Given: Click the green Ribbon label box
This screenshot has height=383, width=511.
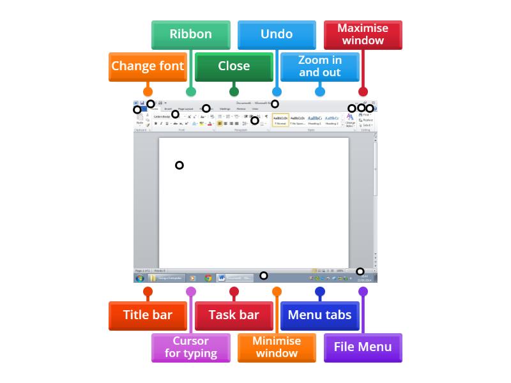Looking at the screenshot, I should click(x=190, y=34).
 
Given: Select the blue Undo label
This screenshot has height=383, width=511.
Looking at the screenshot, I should click(x=277, y=34).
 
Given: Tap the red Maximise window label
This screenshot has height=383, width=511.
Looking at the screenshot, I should click(x=363, y=34).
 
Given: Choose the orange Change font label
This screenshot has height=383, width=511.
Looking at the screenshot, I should click(x=148, y=66).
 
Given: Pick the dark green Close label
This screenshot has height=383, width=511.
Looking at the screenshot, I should click(x=234, y=66).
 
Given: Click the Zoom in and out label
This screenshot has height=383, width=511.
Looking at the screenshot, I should click(x=320, y=66).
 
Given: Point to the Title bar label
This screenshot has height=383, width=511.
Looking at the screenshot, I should click(x=148, y=315).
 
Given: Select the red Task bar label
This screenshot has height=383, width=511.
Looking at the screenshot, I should click(x=234, y=315).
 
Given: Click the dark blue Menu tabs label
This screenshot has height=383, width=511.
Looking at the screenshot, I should click(x=320, y=315).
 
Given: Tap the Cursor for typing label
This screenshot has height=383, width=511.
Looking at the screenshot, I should click(x=190, y=347).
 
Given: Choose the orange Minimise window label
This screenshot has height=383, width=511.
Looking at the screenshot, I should click(x=277, y=347).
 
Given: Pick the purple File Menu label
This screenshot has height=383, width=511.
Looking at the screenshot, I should click(x=363, y=347).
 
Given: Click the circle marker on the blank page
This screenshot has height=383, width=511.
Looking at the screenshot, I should click(x=179, y=165).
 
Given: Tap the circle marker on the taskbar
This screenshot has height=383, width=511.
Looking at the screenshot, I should click(x=263, y=276).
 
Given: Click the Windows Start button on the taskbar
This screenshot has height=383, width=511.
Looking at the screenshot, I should click(x=139, y=278).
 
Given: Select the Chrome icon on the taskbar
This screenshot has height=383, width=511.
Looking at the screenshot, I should click(x=208, y=278).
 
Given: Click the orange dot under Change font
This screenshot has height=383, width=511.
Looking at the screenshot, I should click(x=148, y=91).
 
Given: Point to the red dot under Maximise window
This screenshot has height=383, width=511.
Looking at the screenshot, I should click(x=363, y=91).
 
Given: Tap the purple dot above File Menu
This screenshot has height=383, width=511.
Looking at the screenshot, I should click(x=363, y=292).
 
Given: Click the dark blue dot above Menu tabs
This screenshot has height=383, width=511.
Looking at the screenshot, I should click(x=320, y=292).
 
